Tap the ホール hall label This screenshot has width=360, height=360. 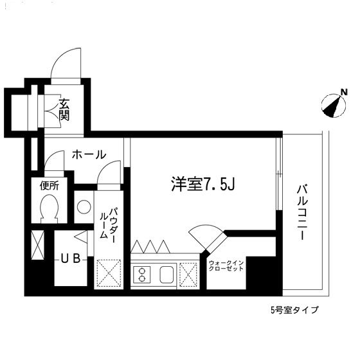[x=89, y=154]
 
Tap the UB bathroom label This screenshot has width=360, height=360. [x=70, y=259]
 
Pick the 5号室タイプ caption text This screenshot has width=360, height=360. [x=293, y=310]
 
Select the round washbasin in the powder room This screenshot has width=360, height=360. [x=83, y=207]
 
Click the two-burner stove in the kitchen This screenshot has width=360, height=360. [x=141, y=274]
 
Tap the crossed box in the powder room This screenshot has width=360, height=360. [x=109, y=273]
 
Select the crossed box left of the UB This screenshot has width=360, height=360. [x=38, y=246]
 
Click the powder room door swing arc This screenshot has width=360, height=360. [x=109, y=174]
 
